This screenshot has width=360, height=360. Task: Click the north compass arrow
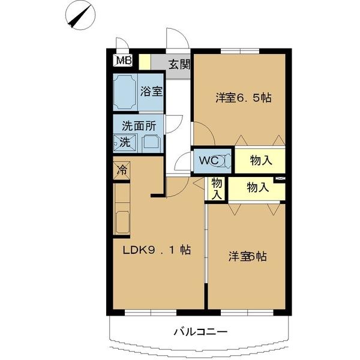(x=80, y=16)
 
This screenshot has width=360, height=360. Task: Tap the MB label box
(x=123, y=60)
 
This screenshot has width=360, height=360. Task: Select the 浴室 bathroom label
(x=151, y=92)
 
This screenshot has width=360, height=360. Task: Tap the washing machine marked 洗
(x=124, y=143)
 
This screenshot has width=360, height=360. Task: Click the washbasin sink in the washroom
(x=151, y=143)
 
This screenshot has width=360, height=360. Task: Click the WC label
(x=208, y=160)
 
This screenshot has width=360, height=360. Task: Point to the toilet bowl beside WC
(x=225, y=161)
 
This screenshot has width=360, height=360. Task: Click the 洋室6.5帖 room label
(x=243, y=97)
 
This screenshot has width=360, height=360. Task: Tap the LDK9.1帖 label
(x=157, y=250)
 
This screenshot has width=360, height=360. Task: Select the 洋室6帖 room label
(x=247, y=256)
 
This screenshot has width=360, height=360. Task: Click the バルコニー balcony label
(x=200, y=331)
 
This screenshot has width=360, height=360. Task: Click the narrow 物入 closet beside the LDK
(x=217, y=188)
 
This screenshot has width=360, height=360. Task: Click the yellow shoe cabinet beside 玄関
(x=145, y=62)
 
